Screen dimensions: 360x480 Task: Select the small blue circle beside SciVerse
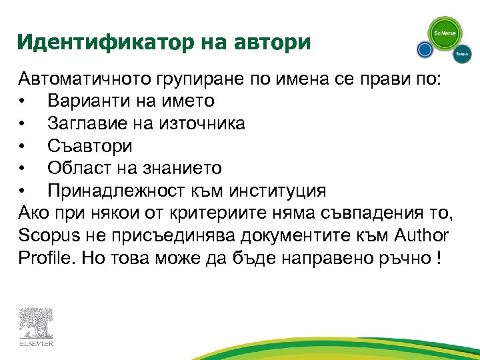(425, 49)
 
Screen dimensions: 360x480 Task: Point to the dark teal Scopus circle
(461, 53)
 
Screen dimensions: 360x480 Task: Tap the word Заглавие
(88, 123)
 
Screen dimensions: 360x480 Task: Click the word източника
(200, 123)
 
